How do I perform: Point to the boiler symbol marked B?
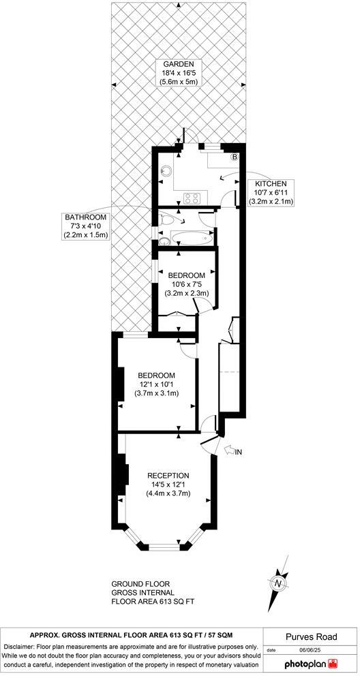click(235, 157)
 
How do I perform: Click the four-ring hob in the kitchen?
click(191, 199)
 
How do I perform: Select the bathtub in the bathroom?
click(186, 239)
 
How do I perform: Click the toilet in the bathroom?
click(167, 219)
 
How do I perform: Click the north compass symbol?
click(277, 583)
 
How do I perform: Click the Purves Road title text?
click(310, 636)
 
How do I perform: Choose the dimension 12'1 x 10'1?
click(156, 384)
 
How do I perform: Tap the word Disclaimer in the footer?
click(21, 646)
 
